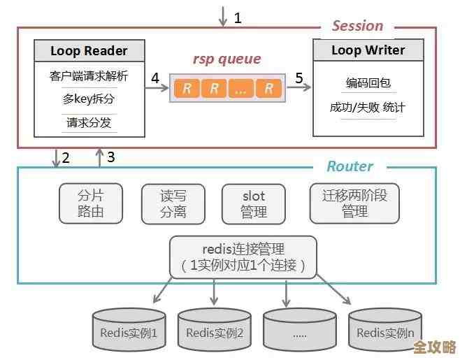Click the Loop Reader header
click(x=89, y=51)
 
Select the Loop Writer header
click(x=367, y=51)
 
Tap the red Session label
click(x=357, y=26)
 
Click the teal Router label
click(x=350, y=166)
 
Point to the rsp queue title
click(x=227, y=59)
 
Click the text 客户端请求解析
click(x=89, y=75)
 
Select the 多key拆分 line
click(x=89, y=99)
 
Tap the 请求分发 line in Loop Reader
click(x=89, y=122)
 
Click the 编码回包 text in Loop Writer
click(x=367, y=83)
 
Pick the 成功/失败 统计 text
click(x=367, y=108)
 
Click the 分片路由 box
click(x=90, y=203)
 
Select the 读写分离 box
click(x=173, y=203)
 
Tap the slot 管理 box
click(x=254, y=203)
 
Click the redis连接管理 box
click(x=243, y=257)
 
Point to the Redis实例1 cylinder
click(x=129, y=331)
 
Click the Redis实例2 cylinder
click(x=214, y=331)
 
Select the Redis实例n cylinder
click(x=384, y=331)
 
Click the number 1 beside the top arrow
click(x=238, y=17)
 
